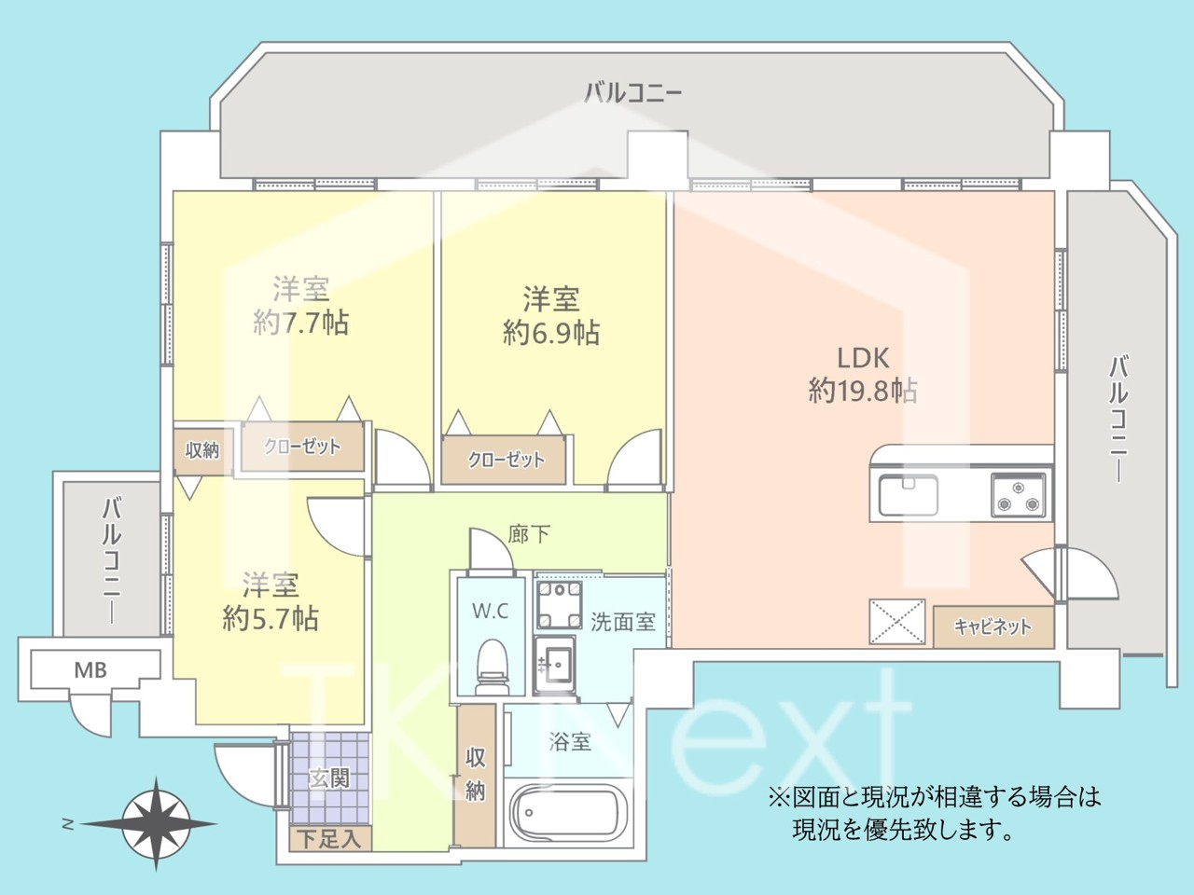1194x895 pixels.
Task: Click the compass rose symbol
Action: [156, 824]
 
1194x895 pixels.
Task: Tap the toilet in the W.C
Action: [492, 668]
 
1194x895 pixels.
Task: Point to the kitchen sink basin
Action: [908, 495]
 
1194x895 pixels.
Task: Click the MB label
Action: [90, 670]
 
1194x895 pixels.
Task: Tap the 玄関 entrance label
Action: [329, 778]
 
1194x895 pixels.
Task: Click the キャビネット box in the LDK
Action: [993, 626]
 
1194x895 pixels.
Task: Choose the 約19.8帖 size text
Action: [863, 391]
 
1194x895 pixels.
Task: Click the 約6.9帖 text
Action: [551, 333]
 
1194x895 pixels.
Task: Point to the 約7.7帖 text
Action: [300, 323]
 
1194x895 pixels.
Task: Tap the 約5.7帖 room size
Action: [271, 618]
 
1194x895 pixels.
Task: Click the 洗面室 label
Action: [623, 622]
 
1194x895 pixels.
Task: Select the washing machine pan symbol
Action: [559, 605]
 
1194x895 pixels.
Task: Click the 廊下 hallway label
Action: [529, 535]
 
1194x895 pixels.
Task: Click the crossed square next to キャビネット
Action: [897, 622]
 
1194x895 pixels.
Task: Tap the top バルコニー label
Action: [632, 93]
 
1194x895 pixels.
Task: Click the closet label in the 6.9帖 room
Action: [506, 461]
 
